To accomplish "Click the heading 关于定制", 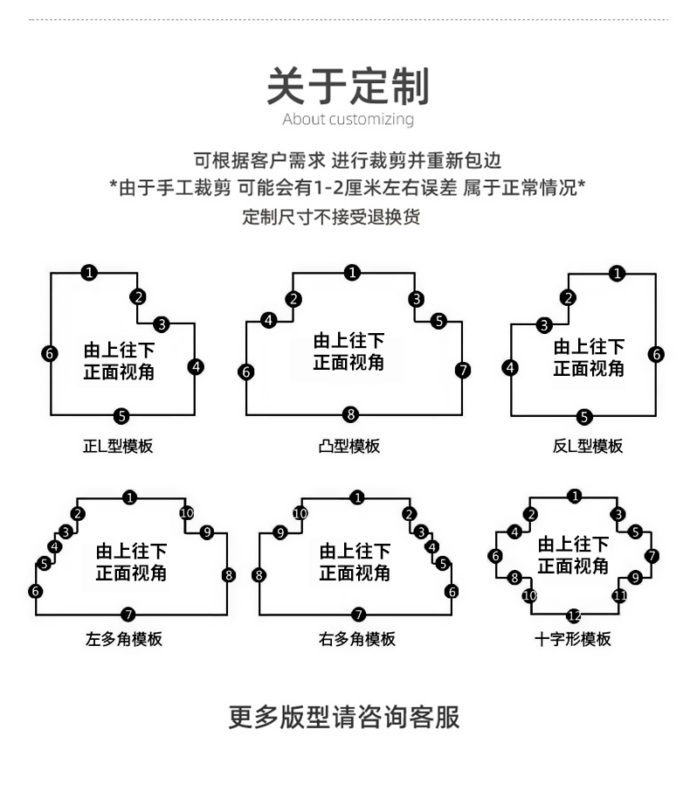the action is point(348,87).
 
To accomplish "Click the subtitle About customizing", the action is point(348,119).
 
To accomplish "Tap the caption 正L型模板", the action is point(118,446).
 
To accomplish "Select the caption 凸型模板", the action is point(349,446).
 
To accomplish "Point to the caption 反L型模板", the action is point(588,446).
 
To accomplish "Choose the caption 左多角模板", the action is point(124,639).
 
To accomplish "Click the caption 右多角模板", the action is point(356,639).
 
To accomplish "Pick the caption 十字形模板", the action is point(573,639).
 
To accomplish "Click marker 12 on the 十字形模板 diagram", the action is point(574,615).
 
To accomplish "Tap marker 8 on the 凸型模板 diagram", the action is point(351,414).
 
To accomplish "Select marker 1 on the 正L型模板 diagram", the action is point(89,273).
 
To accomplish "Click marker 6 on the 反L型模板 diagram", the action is point(657,354).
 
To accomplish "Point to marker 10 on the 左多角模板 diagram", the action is point(186,513).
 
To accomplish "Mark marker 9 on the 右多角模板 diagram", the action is point(280,532).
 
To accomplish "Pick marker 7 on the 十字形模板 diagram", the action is point(652,556).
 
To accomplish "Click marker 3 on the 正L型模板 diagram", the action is point(161,324).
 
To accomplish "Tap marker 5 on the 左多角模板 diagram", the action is point(45,564).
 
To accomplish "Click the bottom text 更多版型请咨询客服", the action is point(344,717).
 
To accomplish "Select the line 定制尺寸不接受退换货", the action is point(331,217).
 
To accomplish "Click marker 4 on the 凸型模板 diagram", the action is point(269,321).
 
